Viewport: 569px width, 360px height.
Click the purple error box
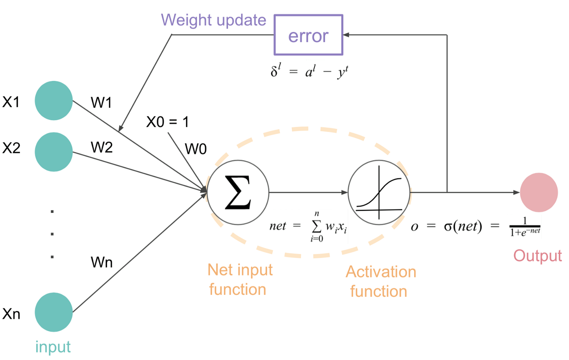308,35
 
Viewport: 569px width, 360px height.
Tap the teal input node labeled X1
54,101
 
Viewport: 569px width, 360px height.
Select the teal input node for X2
54,152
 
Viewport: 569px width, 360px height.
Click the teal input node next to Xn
54,312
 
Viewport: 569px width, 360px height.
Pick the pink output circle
539,193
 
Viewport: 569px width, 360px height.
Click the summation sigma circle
238,193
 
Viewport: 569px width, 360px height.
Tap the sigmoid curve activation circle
379,193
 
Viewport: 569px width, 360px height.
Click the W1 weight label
101,103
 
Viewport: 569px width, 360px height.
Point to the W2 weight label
102,147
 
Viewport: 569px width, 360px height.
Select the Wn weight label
102,262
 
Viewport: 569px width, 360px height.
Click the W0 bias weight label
196,149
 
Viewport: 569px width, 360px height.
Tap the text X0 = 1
167,122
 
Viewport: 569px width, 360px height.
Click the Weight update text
213,20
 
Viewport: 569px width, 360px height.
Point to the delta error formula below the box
309,72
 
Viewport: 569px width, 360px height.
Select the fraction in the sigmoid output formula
525,227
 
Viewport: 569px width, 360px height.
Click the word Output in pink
537,256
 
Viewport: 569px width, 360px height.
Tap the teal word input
53,347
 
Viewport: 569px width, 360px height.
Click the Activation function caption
380,282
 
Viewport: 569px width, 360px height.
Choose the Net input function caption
239,280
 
